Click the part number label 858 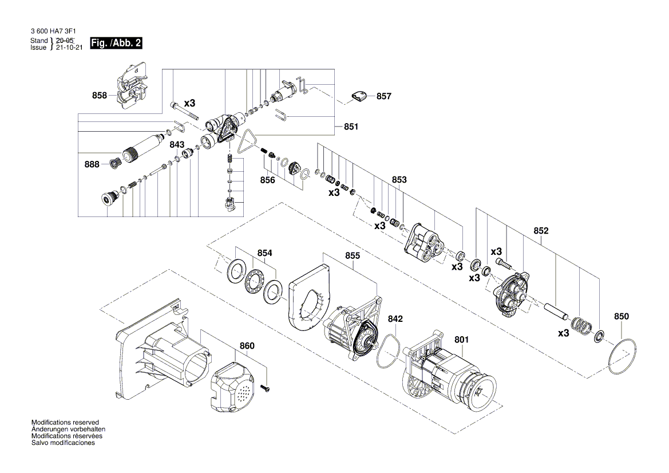[100, 96]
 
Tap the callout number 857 [384, 96]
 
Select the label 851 [351, 127]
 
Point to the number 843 [177, 144]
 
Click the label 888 [92, 164]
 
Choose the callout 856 [267, 180]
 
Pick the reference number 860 [247, 346]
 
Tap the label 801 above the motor [461, 340]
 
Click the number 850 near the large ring [621, 316]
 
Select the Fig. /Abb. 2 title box [116, 44]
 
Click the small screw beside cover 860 [266, 388]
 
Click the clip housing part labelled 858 [130, 89]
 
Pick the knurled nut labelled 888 [115, 164]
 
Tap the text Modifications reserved [65, 421]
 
